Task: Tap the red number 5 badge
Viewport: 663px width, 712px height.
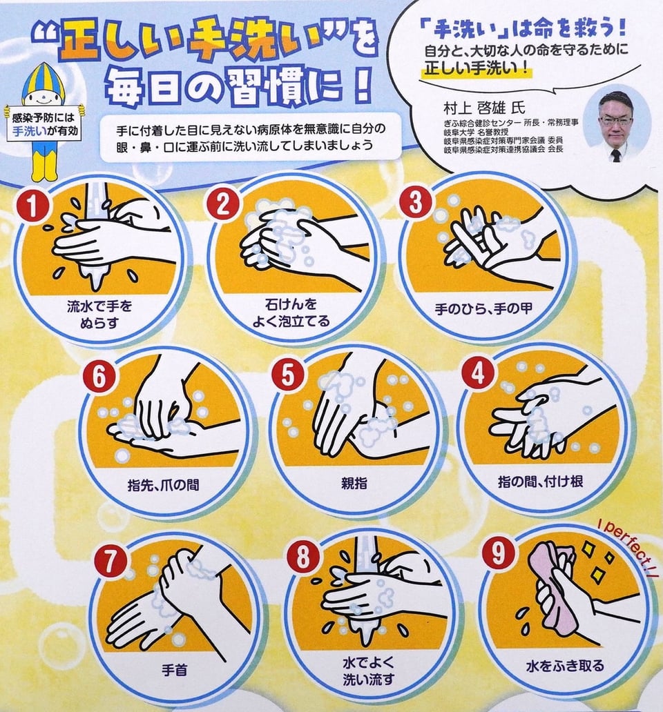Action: (287, 376)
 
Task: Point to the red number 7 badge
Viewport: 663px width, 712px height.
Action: (110, 562)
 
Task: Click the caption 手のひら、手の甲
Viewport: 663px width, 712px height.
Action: (483, 309)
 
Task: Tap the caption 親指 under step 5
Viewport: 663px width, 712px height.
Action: (354, 483)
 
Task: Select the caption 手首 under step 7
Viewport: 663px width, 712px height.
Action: (175, 670)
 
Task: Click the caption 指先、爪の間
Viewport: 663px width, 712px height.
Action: (163, 485)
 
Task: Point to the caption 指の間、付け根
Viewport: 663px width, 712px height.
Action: (540, 482)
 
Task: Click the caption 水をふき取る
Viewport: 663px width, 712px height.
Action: (566, 666)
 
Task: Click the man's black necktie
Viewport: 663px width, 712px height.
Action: (616, 155)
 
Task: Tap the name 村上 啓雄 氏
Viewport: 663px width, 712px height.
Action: (484, 108)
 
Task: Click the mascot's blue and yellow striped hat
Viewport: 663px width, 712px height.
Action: (43, 78)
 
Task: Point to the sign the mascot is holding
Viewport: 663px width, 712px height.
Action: (44, 124)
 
